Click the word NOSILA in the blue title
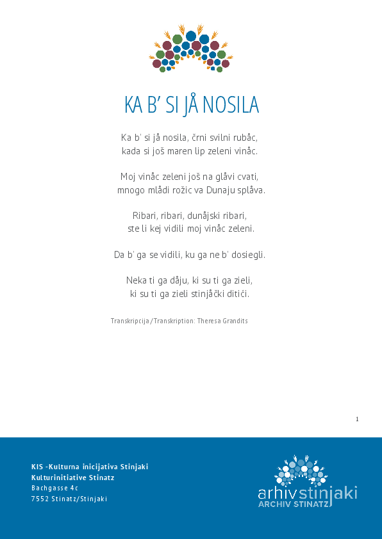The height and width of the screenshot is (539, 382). tap(235, 105)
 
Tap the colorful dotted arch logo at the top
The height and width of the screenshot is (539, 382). tap(191, 49)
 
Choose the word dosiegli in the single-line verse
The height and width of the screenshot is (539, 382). tap(246, 255)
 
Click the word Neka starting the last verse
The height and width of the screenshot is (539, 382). tap(137, 280)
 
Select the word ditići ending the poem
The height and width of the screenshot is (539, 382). tap(236, 294)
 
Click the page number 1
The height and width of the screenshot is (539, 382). tap(357, 419)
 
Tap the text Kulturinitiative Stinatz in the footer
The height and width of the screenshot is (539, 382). tap(72, 478)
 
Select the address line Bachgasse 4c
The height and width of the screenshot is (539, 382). tap(54, 488)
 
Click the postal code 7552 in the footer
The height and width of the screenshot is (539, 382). tap(39, 499)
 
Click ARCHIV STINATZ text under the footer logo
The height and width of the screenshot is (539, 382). tap(294, 504)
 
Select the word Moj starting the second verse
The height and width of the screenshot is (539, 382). tap(128, 177)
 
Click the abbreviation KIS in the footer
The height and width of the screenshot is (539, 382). tap(37, 467)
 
